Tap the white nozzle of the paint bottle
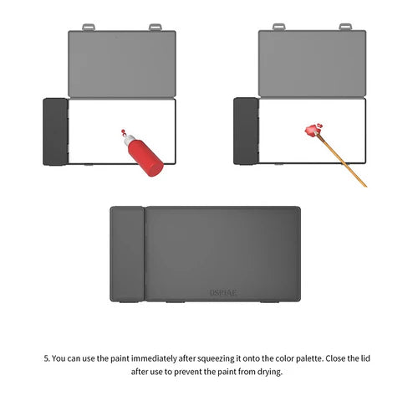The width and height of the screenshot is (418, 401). point(124,133)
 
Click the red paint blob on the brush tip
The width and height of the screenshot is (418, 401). point(313,130)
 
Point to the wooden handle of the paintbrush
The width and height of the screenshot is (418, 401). point(344,160)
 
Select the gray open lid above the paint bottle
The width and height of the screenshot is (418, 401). point(122,64)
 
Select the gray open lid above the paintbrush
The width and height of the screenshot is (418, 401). point(313,64)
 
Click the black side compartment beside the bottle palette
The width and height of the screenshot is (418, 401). point(54,131)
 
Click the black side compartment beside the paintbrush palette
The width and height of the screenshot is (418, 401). point(245,131)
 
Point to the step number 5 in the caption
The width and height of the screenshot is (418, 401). point(46,358)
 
